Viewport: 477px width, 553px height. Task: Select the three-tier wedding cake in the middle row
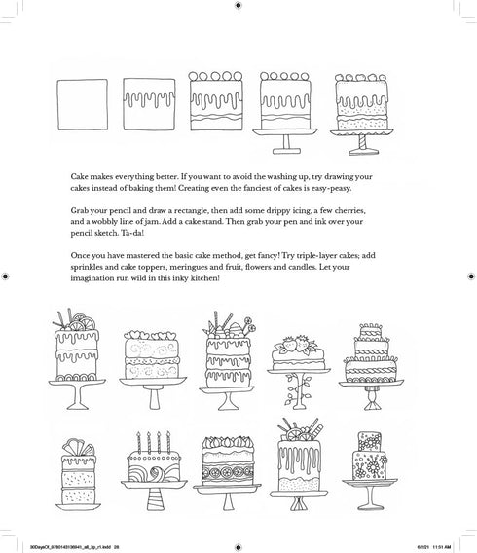372,355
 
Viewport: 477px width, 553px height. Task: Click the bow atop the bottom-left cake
77,441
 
